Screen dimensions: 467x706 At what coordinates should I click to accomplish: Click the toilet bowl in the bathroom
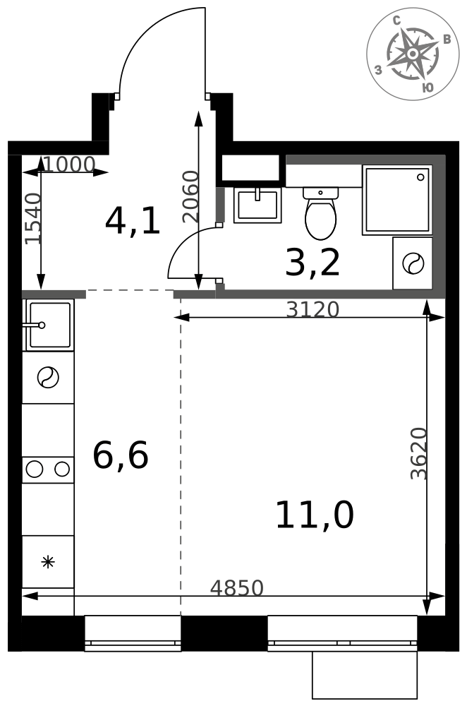click(x=320, y=213)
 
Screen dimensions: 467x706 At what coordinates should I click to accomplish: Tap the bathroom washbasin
click(x=257, y=205)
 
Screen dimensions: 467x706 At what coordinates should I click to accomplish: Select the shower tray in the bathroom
click(x=397, y=200)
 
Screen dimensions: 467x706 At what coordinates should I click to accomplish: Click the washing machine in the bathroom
click(x=413, y=263)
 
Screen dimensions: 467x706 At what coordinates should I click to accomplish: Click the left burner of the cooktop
click(x=35, y=469)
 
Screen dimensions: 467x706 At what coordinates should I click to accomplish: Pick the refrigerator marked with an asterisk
click(x=48, y=562)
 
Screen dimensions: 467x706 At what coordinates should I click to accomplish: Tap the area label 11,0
click(x=315, y=515)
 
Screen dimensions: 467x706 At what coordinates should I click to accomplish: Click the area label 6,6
click(x=121, y=455)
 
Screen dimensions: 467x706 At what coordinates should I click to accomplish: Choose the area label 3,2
click(x=313, y=263)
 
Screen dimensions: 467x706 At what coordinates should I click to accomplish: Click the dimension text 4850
click(x=236, y=588)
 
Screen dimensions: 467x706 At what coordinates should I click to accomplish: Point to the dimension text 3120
click(x=313, y=310)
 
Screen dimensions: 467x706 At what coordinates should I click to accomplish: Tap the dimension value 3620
click(x=418, y=453)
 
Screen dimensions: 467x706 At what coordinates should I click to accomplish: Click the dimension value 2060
click(x=190, y=197)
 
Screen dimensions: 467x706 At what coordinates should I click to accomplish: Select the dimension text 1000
click(x=69, y=164)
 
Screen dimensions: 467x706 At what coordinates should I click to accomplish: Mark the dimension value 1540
click(x=33, y=219)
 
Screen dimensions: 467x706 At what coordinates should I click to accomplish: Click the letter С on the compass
click(x=397, y=20)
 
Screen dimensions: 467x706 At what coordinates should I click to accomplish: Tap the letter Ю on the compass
click(x=428, y=88)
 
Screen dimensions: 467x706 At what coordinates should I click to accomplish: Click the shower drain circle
click(x=420, y=177)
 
